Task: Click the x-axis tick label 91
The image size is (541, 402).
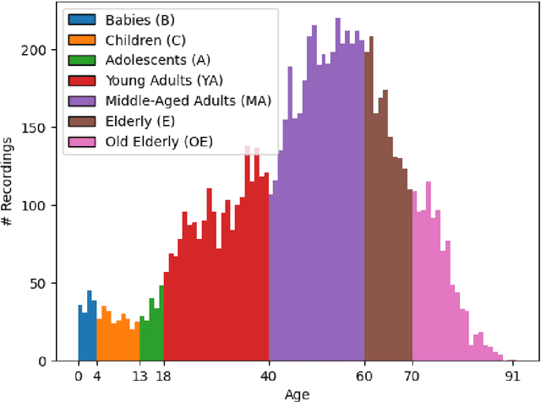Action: point(512,377)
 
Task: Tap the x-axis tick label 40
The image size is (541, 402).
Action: point(270,377)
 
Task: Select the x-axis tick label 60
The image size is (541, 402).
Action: point(365,377)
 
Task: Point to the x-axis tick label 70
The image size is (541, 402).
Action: point(413,377)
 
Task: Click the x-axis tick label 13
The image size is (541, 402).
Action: point(140,377)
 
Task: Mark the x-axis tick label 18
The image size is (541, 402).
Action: point(164,377)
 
